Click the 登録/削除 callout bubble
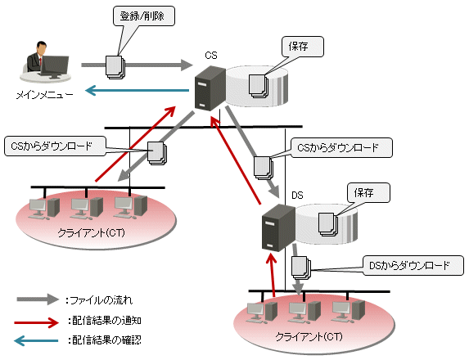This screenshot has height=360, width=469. tap(144, 16)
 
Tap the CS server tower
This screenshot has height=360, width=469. tap(210, 88)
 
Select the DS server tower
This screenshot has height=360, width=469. tap(278, 227)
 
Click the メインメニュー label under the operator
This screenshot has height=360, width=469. tap(44, 95)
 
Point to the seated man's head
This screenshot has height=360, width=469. tap(41, 47)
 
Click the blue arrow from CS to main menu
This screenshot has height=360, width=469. tap(137, 90)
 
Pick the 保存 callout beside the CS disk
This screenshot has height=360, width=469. tap(302, 47)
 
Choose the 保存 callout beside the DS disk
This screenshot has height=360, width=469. tap(368, 192)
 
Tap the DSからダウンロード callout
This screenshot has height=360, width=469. tap(413, 265)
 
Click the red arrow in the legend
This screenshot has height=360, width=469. tap(37, 322)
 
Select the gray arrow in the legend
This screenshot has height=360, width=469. tap(38, 299)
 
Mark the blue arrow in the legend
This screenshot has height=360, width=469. tap(36, 340)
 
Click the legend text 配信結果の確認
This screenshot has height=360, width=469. tap(106, 340)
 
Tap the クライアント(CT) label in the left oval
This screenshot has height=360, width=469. tap(91, 232)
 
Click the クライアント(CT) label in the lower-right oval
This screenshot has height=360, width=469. tap(309, 336)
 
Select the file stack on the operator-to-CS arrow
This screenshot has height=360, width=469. tap(115, 67)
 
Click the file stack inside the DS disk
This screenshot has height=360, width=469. tap(328, 224)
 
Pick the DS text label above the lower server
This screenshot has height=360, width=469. tap(297, 196)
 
